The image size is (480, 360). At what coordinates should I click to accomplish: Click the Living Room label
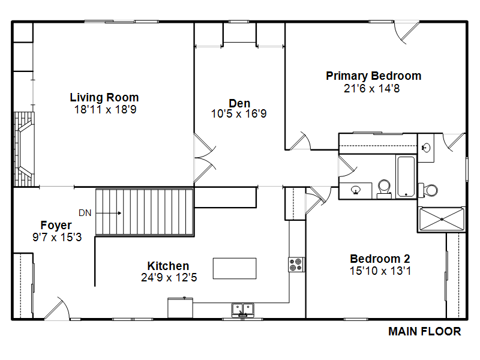pyautogui.click(x=104, y=97)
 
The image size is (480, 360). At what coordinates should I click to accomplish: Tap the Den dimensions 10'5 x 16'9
pyautogui.click(x=239, y=114)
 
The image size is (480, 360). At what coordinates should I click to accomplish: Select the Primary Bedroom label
pyautogui.click(x=373, y=76)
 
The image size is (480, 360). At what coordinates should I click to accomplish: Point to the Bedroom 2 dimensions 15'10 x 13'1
pyautogui.click(x=380, y=271)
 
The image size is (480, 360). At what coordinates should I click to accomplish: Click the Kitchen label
pyautogui.click(x=168, y=266)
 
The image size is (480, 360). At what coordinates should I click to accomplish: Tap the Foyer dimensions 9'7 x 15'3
pyautogui.click(x=57, y=237)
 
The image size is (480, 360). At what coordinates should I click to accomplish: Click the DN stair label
pyautogui.click(x=85, y=213)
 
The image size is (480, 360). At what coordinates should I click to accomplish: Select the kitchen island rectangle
pyautogui.click(x=235, y=268)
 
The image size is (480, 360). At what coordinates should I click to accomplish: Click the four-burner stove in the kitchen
pyautogui.click(x=296, y=265)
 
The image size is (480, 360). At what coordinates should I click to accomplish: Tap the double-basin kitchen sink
pyautogui.click(x=243, y=310)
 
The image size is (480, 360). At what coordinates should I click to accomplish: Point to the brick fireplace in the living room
pyautogui.click(x=24, y=149)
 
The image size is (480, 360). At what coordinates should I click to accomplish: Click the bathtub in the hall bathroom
pyautogui.click(x=406, y=176)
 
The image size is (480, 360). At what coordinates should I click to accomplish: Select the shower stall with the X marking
pyautogui.click(x=442, y=219)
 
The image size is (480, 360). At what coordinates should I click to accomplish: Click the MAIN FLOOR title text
pyautogui.click(x=425, y=331)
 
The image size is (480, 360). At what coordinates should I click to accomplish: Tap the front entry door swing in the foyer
pyautogui.click(x=58, y=308)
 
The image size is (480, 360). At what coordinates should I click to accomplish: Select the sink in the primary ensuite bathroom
pyautogui.click(x=426, y=148)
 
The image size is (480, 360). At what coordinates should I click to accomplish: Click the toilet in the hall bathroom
pyautogui.click(x=384, y=189)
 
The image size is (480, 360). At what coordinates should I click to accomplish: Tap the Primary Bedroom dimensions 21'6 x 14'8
pyautogui.click(x=371, y=88)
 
